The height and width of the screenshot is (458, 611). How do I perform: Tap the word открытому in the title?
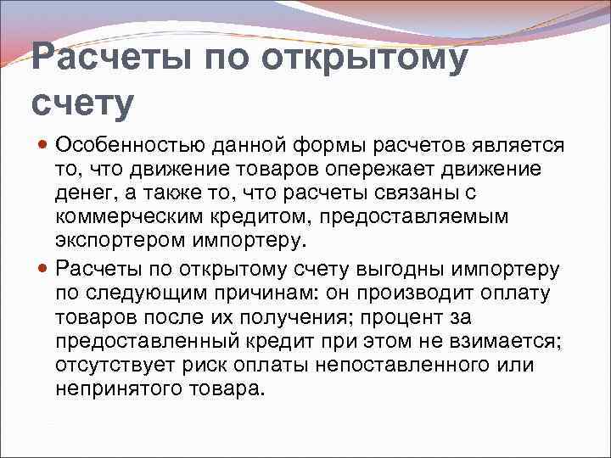pos(366,59)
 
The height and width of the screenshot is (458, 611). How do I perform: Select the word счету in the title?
pos(82,102)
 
